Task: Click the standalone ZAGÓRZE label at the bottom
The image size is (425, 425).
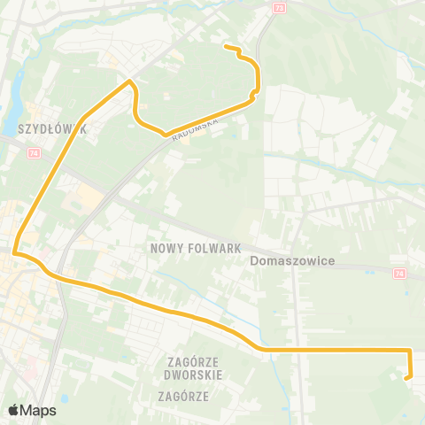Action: (x=183, y=397)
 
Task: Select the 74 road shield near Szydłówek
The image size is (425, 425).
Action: (x=35, y=153)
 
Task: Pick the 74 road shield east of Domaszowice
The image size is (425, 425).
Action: (x=399, y=274)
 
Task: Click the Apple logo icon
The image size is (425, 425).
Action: (x=12, y=410)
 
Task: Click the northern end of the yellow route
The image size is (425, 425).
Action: (x=227, y=46)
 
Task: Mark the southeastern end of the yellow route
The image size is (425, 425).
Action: (x=407, y=378)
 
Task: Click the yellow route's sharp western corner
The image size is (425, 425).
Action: (x=15, y=252)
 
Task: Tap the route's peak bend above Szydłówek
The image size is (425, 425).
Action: (x=130, y=82)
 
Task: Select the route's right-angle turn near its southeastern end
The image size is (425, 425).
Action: (x=410, y=351)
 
